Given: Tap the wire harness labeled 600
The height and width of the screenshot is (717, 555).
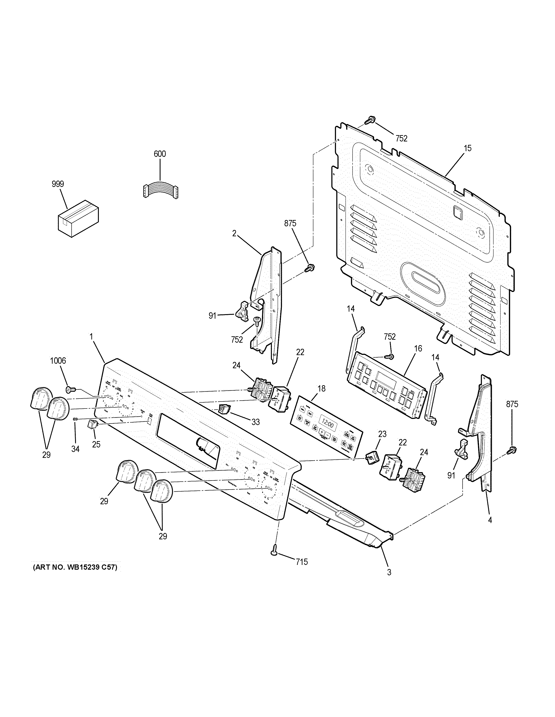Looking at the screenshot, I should pyautogui.click(x=161, y=191).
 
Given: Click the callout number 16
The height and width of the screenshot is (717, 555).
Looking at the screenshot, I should pyautogui.click(x=418, y=348).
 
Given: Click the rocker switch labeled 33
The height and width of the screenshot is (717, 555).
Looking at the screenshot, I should pyautogui.click(x=225, y=409).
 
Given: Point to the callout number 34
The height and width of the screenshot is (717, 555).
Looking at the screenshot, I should pyautogui.click(x=75, y=449).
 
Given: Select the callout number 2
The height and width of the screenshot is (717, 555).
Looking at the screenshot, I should pyautogui.click(x=234, y=233).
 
